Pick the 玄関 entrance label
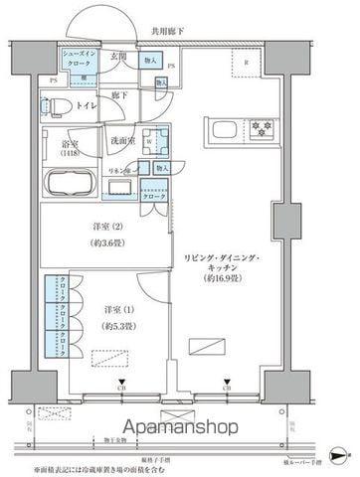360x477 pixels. point(117,57)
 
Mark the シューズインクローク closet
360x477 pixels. point(76,61)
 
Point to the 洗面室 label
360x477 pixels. point(123,140)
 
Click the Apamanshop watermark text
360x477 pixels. point(180,430)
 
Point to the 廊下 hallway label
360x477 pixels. point(118,94)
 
